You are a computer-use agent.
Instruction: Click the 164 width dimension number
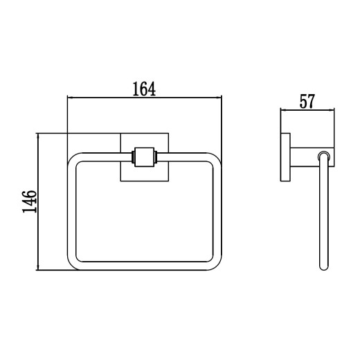144,89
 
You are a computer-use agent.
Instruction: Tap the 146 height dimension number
29,201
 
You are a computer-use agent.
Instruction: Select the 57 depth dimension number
307,101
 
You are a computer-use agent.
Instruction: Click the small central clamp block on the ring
144,157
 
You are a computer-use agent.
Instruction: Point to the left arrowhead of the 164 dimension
70,98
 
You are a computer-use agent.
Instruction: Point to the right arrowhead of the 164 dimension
219,98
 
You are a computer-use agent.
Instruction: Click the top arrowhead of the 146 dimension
37,136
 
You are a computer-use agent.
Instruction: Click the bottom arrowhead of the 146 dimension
37,267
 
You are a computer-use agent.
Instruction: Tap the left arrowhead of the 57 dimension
283,110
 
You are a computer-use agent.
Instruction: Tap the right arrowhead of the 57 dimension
332,110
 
